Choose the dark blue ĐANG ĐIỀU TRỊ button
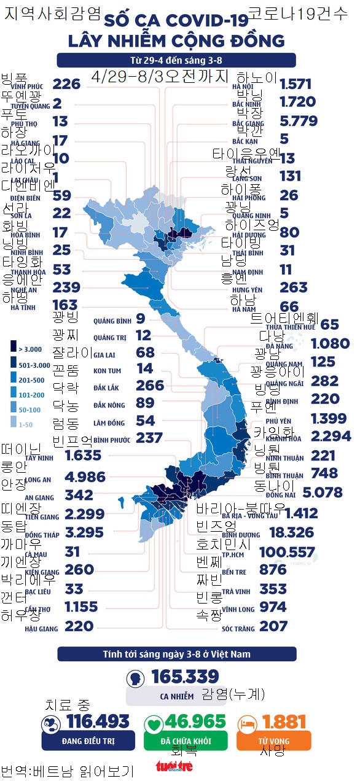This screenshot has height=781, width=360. pos(88,740)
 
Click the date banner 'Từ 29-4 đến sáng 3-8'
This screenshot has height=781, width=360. pos(176,60)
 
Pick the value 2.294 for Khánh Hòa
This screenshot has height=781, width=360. pos(323,437)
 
